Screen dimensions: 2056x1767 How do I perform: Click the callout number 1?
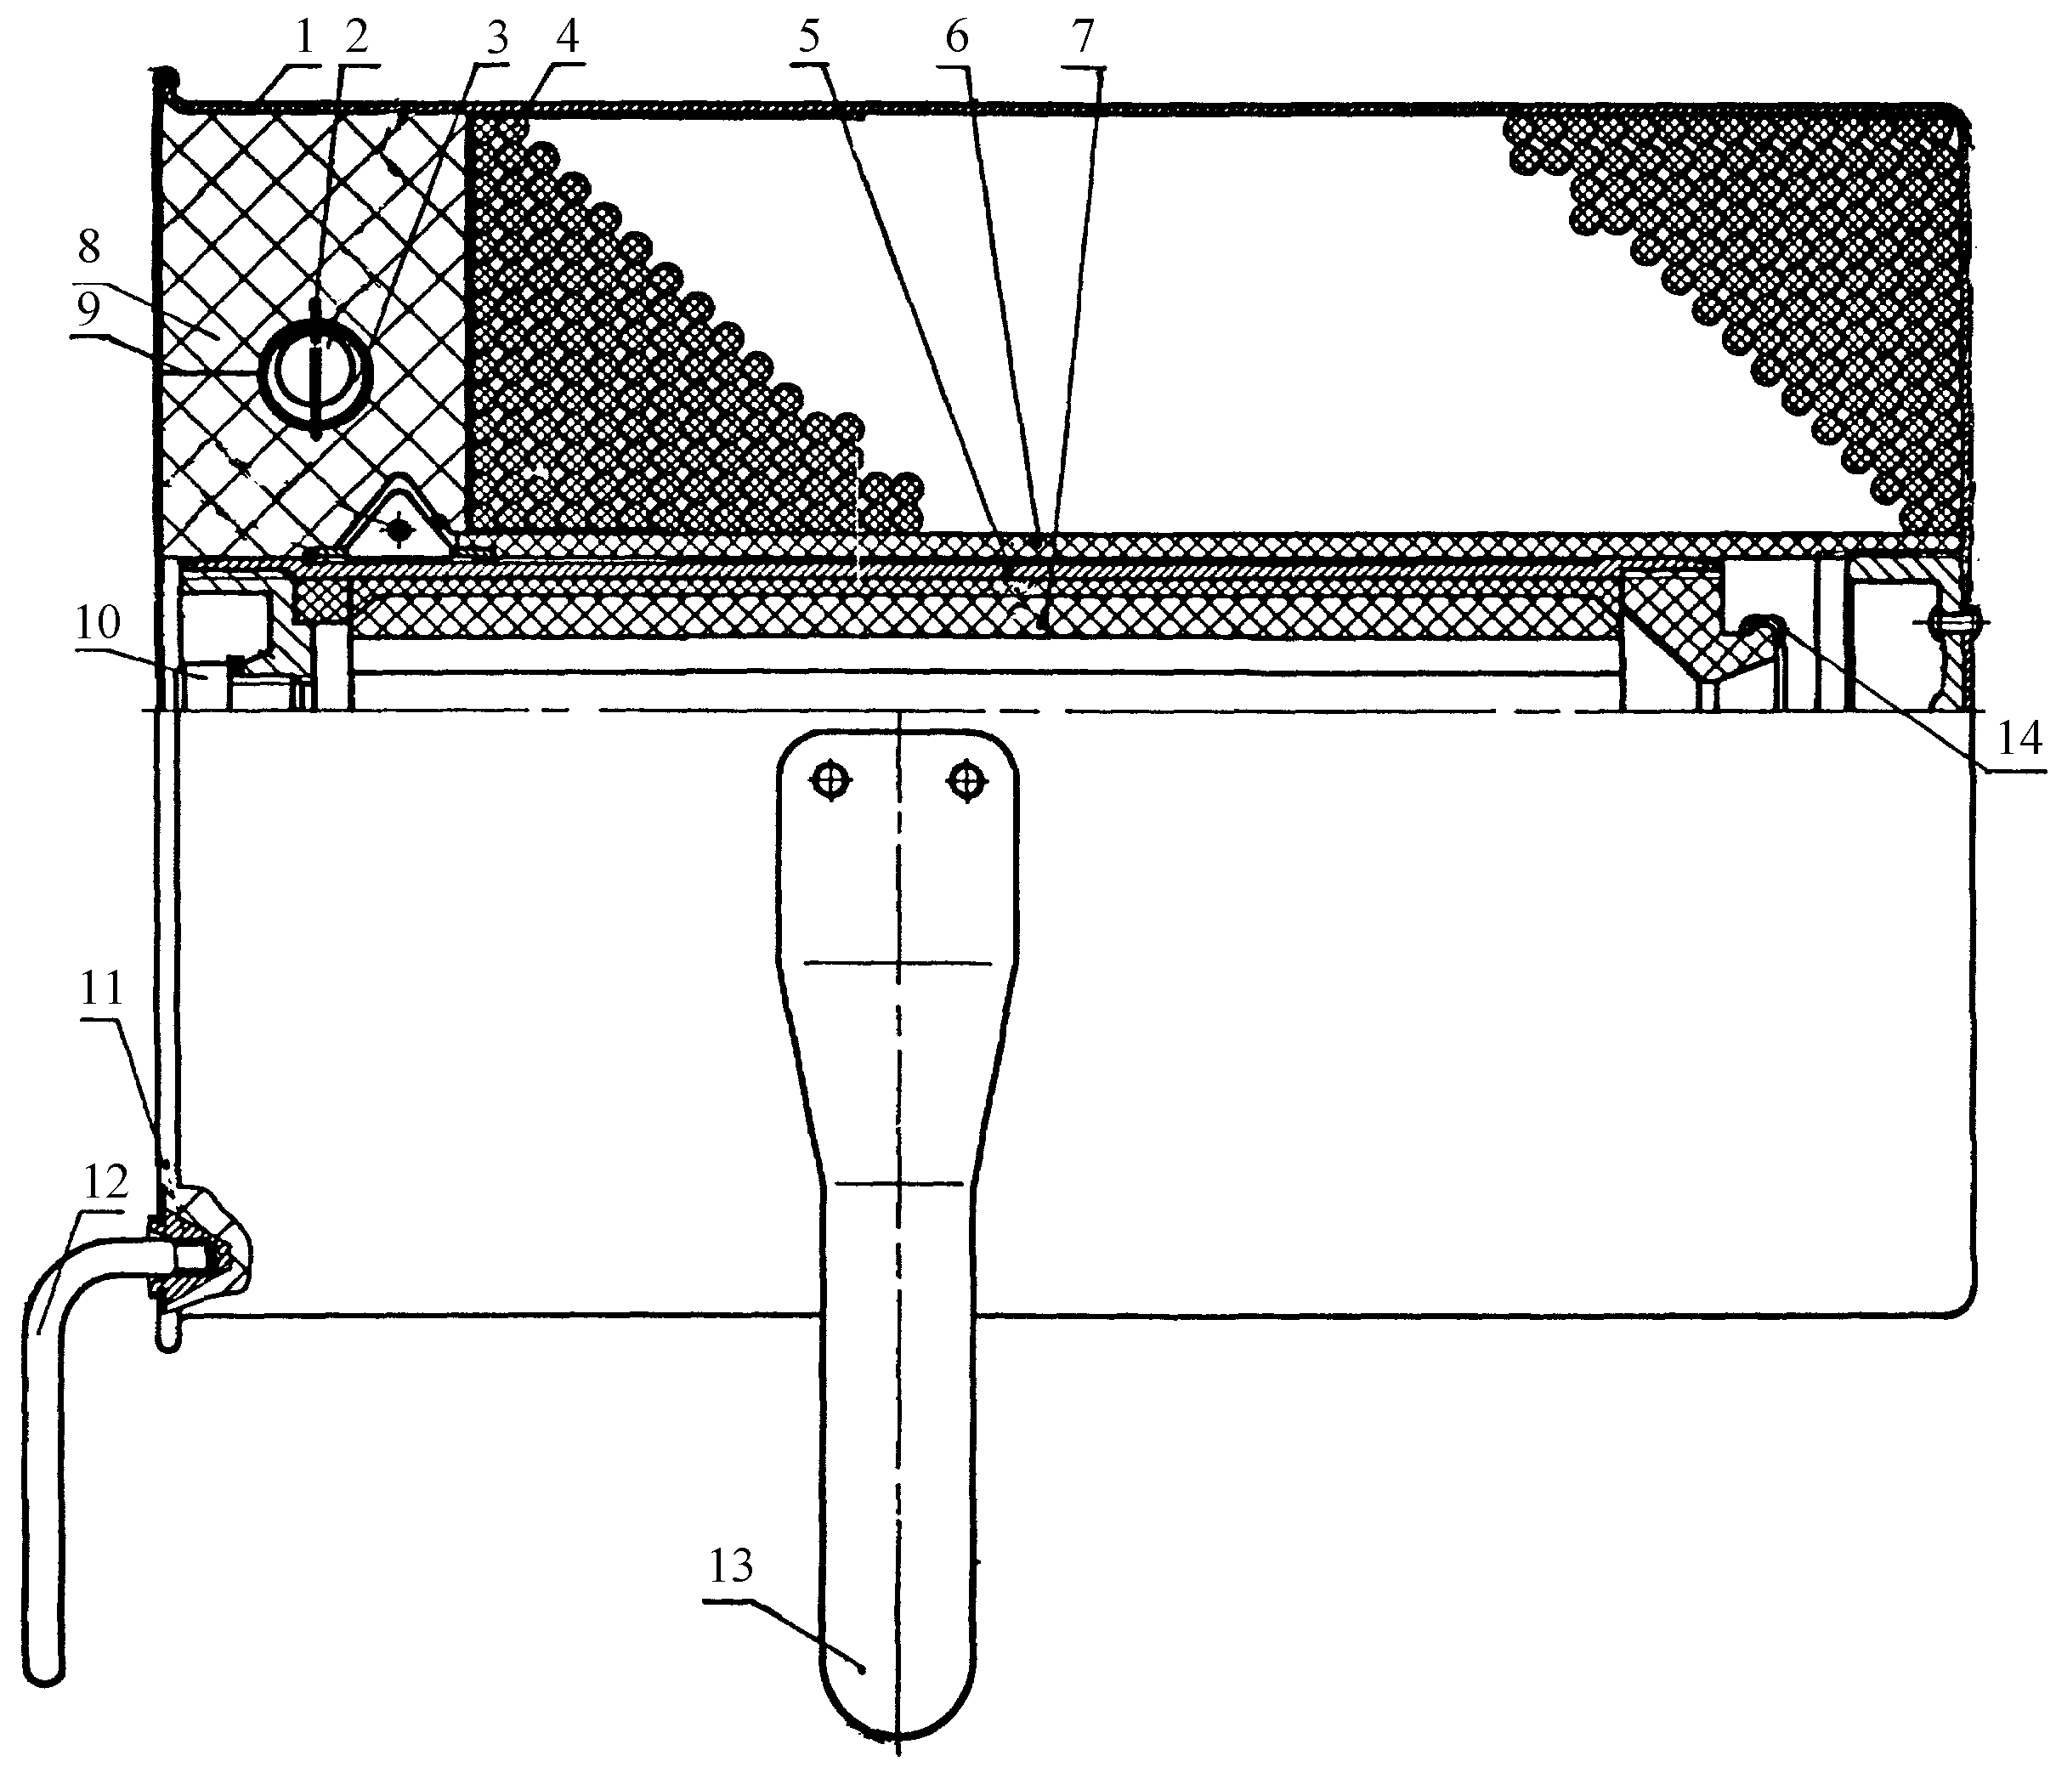(x=303, y=37)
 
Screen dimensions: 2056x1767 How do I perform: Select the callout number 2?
(x=356, y=37)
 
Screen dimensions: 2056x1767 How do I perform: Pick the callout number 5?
(x=810, y=37)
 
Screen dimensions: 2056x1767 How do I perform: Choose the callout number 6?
(x=955, y=37)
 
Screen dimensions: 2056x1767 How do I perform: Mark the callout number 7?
(x=1083, y=37)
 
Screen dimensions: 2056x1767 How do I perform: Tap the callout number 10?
(x=96, y=622)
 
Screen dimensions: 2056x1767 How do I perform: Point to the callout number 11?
(x=100, y=988)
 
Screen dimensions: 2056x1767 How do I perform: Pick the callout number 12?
(x=105, y=1181)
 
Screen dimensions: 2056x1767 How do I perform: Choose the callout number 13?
(x=730, y=1565)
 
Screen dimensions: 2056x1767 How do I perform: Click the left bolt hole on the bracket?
(x=830, y=782)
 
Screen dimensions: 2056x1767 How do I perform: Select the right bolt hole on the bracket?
(x=967, y=782)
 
